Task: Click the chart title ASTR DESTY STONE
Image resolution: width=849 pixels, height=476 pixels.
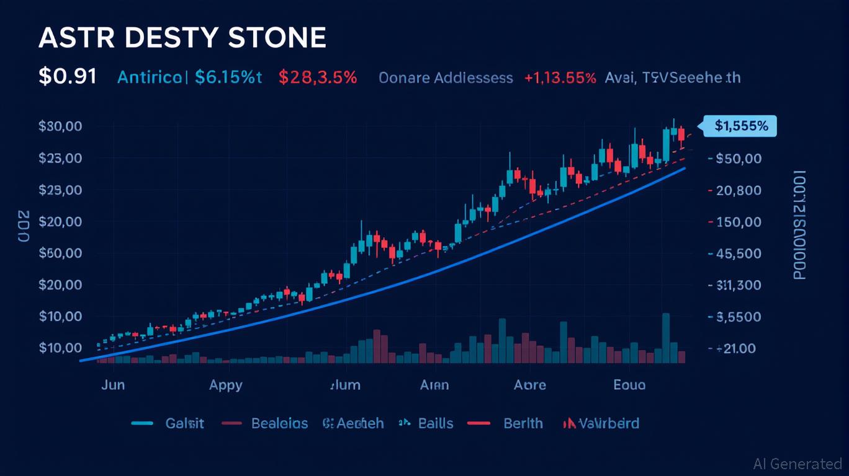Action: (x=182, y=38)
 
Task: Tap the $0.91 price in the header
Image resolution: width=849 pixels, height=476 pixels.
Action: (x=67, y=77)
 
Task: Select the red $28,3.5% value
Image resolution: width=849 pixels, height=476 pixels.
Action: (x=318, y=77)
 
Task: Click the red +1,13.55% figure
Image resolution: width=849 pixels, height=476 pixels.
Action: (x=560, y=78)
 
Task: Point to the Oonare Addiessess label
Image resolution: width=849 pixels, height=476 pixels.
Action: (x=446, y=78)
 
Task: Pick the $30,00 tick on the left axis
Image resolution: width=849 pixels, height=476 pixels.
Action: (x=60, y=126)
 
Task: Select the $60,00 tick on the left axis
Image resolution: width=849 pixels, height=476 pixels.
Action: (x=60, y=253)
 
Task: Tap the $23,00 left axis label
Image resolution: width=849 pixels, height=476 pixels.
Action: (x=60, y=158)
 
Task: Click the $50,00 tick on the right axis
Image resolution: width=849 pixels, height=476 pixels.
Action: (x=738, y=159)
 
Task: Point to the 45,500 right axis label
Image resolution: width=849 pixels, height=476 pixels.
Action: (x=738, y=253)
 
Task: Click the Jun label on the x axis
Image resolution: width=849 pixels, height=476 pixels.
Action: (x=112, y=385)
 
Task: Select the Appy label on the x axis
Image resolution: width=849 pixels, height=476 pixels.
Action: (x=225, y=385)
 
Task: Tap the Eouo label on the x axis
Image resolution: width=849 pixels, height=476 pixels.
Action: (x=629, y=385)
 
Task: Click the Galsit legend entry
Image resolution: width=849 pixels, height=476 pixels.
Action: (x=184, y=423)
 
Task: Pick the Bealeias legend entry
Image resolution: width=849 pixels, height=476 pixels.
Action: (x=279, y=423)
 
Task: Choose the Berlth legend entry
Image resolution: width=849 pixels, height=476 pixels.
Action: (x=523, y=423)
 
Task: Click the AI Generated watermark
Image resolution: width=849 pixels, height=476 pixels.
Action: (x=797, y=464)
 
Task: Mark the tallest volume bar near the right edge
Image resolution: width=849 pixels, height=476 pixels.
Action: (x=666, y=338)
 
